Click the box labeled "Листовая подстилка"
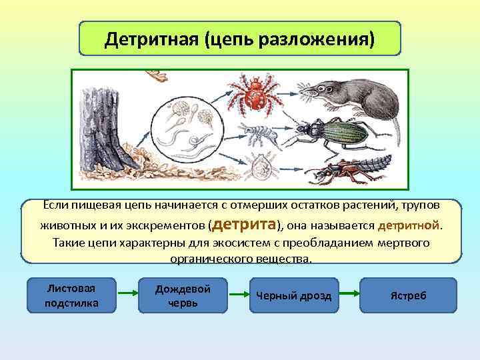(71, 295)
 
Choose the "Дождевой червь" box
(183, 295)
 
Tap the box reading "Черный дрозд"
(294, 295)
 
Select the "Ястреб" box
(408, 295)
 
